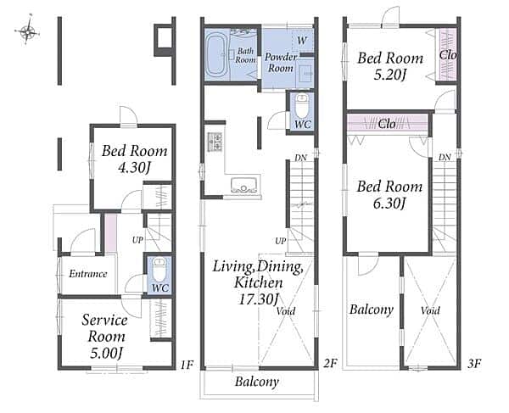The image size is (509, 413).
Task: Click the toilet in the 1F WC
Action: [x=159, y=270]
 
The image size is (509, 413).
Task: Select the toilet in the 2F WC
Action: [x=302, y=106]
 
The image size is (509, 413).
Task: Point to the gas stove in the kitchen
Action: [x=215, y=142]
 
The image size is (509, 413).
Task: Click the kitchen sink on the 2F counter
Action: [x=243, y=185]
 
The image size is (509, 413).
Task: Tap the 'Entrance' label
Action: [x=88, y=274]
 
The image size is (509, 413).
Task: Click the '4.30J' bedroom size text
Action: [x=135, y=168]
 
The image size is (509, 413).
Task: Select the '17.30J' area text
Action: [x=259, y=299]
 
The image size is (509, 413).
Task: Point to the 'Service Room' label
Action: [x=105, y=328]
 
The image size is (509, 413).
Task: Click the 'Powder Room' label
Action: [x=281, y=63]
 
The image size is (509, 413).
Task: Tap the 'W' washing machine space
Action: [x=302, y=41]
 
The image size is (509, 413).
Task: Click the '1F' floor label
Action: [x=187, y=365]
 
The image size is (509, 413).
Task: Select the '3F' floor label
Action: [x=474, y=364]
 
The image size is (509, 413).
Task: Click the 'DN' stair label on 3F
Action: [x=445, y=158]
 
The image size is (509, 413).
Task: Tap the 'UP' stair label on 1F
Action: [x=137, y=240]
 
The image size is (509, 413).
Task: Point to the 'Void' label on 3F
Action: [x=430, y=310]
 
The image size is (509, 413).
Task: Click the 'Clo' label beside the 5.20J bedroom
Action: [x=448, y=55]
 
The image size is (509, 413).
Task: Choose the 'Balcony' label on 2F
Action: [x=257, y=382]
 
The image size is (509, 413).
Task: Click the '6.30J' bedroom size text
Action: [x=389, y=204]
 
